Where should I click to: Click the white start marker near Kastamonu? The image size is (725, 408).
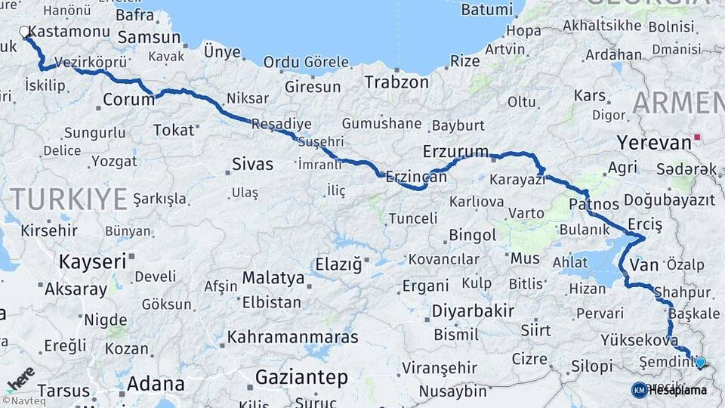(24, 32)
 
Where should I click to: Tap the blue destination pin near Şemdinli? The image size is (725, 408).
(700, 362)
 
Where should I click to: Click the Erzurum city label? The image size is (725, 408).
(455, 151)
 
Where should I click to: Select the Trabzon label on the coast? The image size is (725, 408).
(396, 82)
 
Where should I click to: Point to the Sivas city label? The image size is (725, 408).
(252, 164)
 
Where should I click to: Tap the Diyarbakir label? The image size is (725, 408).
(473, 311)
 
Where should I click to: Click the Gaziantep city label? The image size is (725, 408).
(301, 377)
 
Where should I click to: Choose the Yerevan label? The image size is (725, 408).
(654, 142)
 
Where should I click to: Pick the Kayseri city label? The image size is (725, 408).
(92, 262)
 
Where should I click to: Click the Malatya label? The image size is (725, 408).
(273, 278)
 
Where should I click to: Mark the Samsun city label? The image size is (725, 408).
(149, 37)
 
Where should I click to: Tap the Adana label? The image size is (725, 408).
(155, 383)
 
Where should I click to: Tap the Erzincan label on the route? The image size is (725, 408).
(416, 177)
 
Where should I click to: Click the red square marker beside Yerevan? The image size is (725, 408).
(699, 138)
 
